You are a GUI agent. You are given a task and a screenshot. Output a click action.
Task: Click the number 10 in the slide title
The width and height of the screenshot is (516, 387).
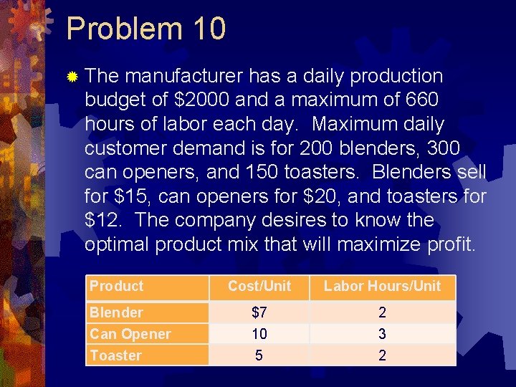[x=209, y=29]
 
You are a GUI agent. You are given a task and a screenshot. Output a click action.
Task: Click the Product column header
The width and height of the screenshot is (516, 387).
[x=116, y=286]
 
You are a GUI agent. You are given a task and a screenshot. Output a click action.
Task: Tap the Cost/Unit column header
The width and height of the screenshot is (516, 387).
[x=259, y=286]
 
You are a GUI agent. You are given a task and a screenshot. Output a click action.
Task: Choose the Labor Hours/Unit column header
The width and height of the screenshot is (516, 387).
[x=382, y=286]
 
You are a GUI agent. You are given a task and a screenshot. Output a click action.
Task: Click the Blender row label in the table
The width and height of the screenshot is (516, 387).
[x=116, y=312]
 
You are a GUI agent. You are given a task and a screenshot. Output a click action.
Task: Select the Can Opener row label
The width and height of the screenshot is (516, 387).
[x=130, y=334]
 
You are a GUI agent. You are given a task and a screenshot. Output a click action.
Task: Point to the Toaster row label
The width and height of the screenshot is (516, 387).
[x=115, y=355]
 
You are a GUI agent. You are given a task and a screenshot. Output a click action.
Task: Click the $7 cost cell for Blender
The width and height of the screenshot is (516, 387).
[x=259, y=312]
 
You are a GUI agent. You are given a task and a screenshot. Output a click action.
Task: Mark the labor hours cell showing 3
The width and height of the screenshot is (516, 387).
[x=382, y=334]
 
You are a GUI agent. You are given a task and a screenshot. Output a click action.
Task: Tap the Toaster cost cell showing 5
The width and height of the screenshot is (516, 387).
[x=259, y=355]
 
